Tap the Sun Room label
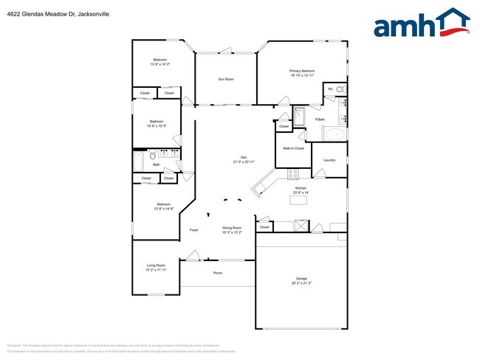[225, 79]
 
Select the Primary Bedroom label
[302, 71]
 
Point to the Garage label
[301, 278]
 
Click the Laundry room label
[329, 159]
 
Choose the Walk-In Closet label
[294, 148]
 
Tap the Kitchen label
[301, 188]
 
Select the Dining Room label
[232, 228]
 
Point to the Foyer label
[193, 230]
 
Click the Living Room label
[155, 265]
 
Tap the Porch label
[218, 273]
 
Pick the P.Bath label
[320, 120]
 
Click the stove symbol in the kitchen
[292, 174]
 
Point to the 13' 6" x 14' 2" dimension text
[160, 64]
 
